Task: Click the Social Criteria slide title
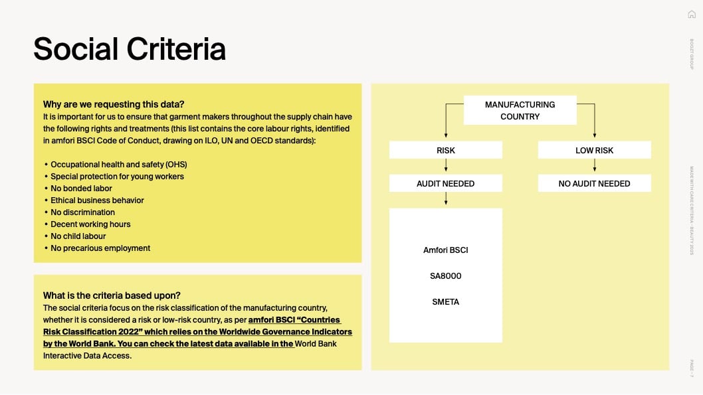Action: point(130,49)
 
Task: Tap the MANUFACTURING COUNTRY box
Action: point(520,110)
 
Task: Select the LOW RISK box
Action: point(595,150)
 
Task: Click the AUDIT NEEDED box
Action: point(446,183)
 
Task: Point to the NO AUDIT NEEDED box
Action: point(595,183)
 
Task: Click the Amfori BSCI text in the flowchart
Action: point(446,250)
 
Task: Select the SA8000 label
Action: point(446,276)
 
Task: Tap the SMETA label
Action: point(446,302)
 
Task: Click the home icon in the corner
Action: point(692,15)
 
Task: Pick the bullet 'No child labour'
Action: point(78,236)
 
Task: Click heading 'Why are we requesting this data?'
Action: point(114,104)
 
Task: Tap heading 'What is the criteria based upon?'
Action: point(112,295)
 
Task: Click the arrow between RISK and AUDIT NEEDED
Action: point(446,165)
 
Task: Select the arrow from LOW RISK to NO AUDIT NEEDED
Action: point(595,165)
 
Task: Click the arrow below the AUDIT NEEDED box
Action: point(446,198)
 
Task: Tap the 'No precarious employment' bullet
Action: point(100,248)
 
